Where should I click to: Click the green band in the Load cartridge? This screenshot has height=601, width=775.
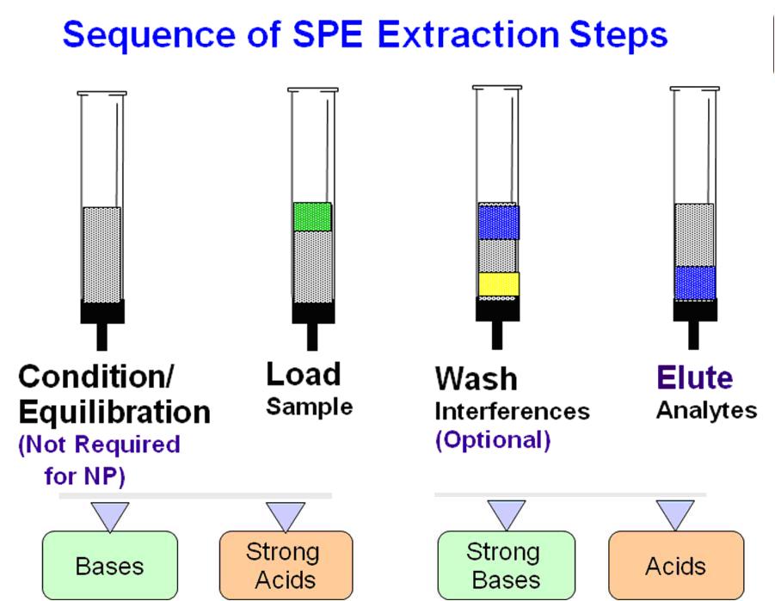tap(312, 217)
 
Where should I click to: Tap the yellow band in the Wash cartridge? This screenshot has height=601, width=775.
tap(499, 284)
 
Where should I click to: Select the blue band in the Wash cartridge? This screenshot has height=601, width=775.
tap(499, 222)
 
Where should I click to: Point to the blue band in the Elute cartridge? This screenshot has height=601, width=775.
tap(695, 283)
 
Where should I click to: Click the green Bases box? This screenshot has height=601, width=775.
tap(109, 566)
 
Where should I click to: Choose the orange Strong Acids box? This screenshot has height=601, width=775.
tap(286, 565)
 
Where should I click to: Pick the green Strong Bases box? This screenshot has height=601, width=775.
tap(506, 565)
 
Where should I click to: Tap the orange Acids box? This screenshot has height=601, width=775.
tap(675, 565)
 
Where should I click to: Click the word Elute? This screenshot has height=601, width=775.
tap(695, 377)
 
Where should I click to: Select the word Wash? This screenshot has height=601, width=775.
tap(476, 379)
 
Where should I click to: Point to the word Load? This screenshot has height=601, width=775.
tap(303, 374)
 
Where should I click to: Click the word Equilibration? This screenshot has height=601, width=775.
tap(114, 413)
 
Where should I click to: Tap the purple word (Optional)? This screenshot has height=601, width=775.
tap(492, 440)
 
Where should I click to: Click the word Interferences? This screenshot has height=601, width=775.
tap(512, 411)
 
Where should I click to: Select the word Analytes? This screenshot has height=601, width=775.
tap(706, 409)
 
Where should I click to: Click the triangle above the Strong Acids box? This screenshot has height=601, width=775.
tap(286, 515)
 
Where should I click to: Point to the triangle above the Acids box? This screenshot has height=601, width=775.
tap(675, 514)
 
